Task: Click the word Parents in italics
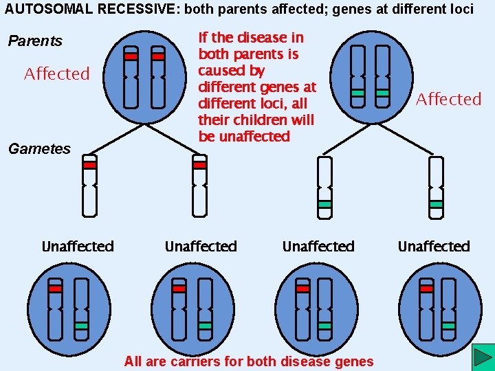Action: point(35,41)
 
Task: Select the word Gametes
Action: point(39,148)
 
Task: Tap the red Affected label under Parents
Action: point(57,74)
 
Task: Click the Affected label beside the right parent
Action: point(448,99)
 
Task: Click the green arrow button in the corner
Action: point(483,358)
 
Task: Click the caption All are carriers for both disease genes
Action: point(249,361)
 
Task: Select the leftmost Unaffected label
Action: point(78,246)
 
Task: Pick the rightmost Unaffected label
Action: point(434,246)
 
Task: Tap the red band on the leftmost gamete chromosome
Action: point(89,165)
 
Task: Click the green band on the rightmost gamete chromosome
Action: point(436,204)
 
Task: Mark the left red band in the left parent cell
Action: point(131,57)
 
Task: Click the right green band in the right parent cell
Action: point(382,92)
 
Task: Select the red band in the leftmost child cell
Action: point(56,289)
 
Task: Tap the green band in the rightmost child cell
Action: point(449,326)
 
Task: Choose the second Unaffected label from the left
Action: point(201,246)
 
